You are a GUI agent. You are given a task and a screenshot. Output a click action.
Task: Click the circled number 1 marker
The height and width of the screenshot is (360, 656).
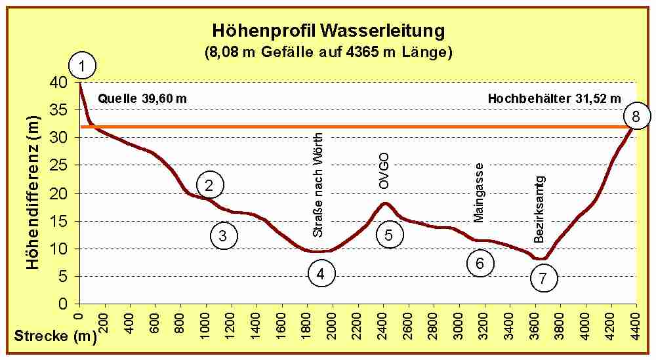point(82,66)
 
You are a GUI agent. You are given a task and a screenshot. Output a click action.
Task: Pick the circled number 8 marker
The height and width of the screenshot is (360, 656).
point(635,117)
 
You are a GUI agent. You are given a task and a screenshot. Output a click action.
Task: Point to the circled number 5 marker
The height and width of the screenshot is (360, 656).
point(388,235)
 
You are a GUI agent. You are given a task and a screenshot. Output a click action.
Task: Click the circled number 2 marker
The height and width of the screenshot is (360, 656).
point(209,186)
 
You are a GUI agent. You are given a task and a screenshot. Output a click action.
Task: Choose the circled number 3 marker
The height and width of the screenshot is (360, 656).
point(223,235)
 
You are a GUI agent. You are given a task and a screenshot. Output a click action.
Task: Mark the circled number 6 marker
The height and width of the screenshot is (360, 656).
point(480,263)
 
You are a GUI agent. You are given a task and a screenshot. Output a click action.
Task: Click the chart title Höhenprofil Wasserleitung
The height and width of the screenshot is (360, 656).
point(329,31)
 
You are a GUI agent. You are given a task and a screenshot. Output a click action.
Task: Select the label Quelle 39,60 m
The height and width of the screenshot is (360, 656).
point(142,99)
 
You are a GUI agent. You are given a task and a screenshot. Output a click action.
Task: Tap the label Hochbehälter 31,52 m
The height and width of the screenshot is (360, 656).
point(554,99)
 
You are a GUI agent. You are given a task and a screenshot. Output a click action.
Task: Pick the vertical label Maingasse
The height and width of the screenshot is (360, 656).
point(478,191)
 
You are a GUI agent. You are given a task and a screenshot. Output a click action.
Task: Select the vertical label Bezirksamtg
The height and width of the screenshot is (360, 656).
point(539,209)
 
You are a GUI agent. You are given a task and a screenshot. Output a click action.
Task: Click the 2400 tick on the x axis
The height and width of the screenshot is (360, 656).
point(383,322)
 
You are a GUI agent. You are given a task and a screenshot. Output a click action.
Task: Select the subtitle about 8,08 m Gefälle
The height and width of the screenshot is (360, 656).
point(329,52)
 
